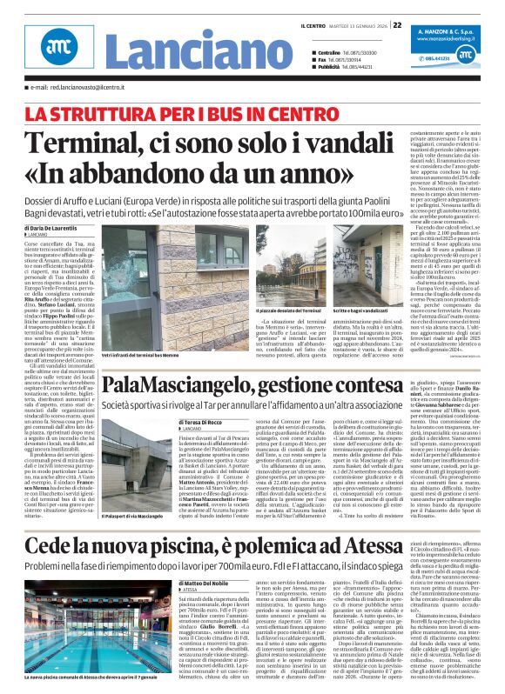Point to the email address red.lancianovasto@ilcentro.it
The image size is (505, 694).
(x=87, y=88)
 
